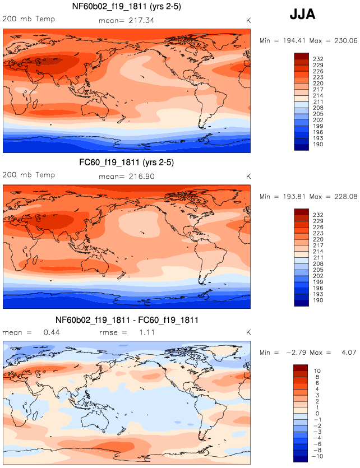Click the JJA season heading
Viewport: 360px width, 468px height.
point(303,15)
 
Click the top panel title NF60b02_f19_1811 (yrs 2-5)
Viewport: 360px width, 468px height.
point(126,7)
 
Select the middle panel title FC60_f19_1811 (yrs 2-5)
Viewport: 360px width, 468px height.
point(126,163)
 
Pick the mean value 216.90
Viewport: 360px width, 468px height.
point(141,176)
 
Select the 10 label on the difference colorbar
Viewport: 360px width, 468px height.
point(317,371)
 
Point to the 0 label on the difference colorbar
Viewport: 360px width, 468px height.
point(317,414)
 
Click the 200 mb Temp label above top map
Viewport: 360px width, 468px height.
point(24,18)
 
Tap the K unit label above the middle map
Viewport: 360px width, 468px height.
point(248,176)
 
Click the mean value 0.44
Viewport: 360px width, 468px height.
point(52,332)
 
